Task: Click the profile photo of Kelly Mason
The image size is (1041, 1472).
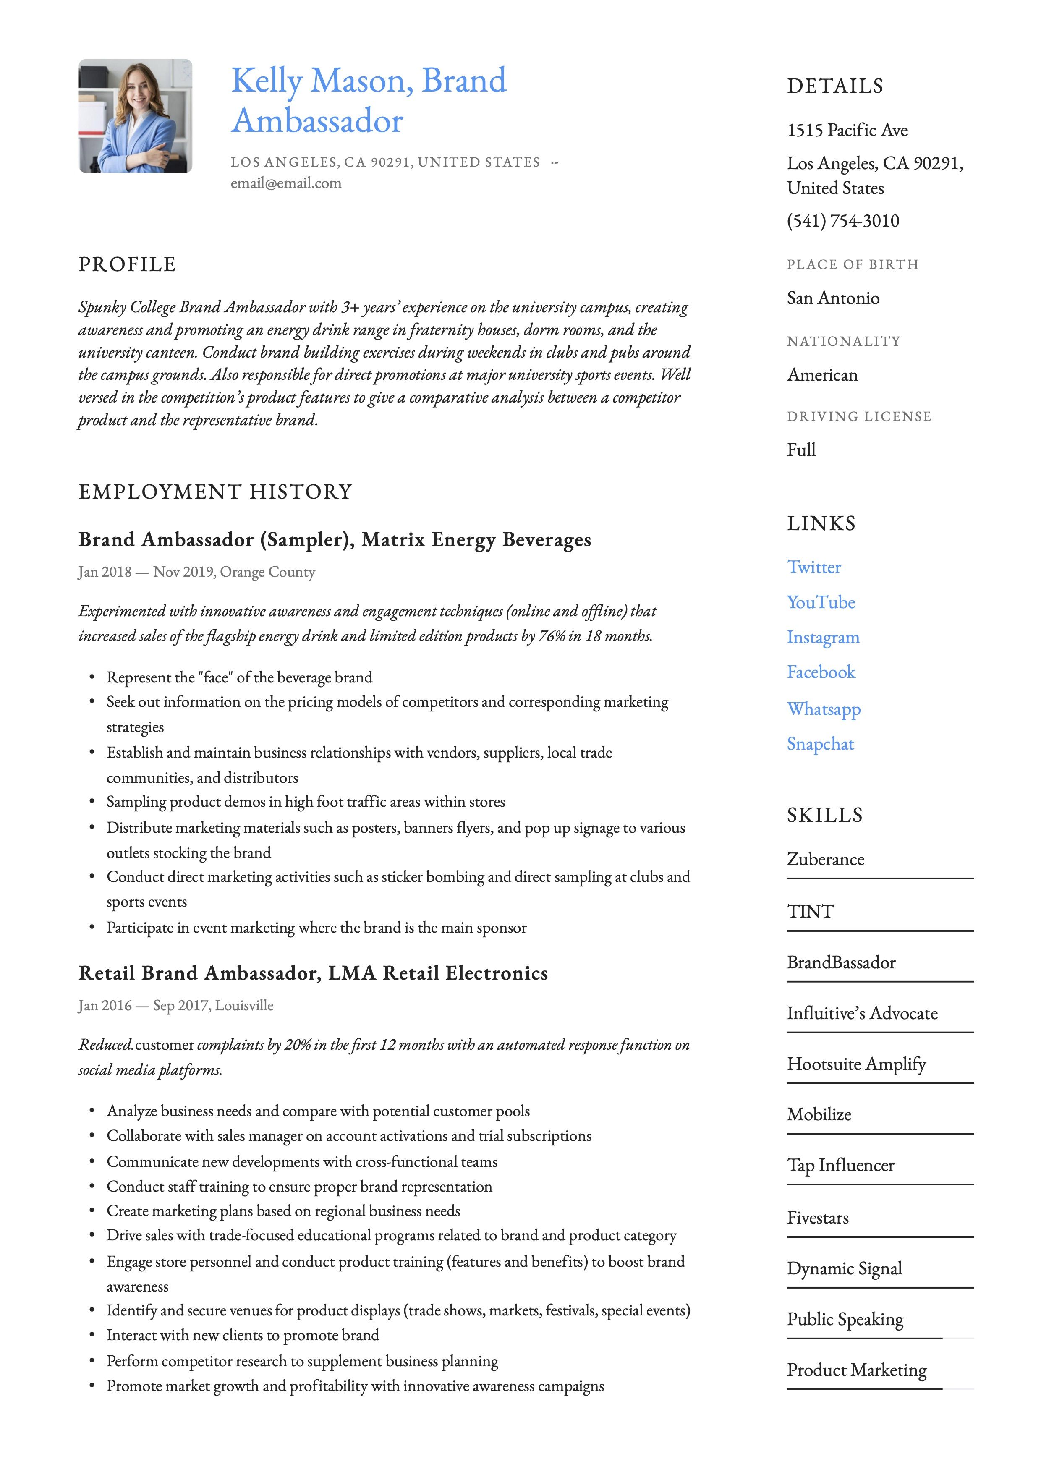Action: click(x=135, y=116)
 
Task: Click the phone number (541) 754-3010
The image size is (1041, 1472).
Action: click(x=843, y=221)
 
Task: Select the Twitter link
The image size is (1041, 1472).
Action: click(x=813, y=567)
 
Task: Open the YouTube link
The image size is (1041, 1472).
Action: click(x=821, y=603)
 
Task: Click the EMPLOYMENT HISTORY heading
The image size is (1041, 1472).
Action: click(x=215, y=492)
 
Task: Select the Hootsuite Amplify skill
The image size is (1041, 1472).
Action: click(x=856, y=1064)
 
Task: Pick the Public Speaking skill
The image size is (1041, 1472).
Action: click(x=845, y=1319)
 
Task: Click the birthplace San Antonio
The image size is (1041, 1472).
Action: click(x=833, y=298)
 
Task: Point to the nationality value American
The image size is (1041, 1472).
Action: click(x=822, y=375)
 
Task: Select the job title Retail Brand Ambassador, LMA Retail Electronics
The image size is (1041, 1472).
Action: click(x=313, y=973)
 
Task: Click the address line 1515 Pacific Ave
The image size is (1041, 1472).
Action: click(x=847, y=131)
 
